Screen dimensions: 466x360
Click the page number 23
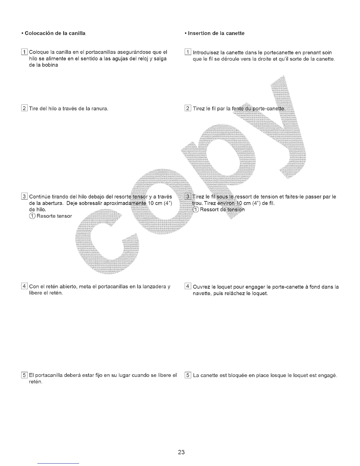tap(181, 452)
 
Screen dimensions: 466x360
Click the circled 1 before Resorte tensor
tap(32, 216)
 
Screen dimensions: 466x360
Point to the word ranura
tap(100, 109)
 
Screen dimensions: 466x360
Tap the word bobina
tap(51, 65)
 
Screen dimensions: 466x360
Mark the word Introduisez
tap(206, 53)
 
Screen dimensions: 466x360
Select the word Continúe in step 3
tap(40, 197)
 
